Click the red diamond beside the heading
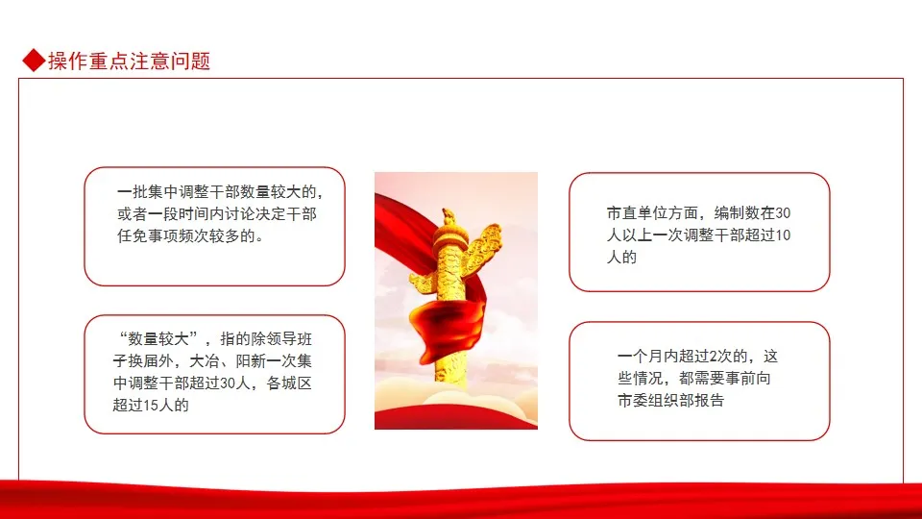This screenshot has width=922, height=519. click(x=35, y=60)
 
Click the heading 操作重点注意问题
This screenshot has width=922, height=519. click(x=130, y=61)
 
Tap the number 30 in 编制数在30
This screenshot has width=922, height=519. click(x=783, y=213)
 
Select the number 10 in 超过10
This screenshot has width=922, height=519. click(x=783, y=235)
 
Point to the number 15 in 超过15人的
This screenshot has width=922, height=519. click(x=151, y=406)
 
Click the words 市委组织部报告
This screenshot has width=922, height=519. click(x=671, y=401)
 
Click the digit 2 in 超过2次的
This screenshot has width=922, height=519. click(x=714, y=357)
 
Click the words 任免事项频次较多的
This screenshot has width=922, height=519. click(x=185, y=236)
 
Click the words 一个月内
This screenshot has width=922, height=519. click(x=648, y=357)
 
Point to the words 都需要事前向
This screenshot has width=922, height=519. click(x=724, y=379)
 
